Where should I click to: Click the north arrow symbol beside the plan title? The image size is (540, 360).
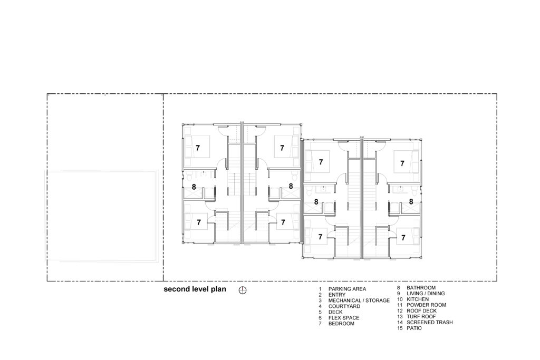coord(243,290)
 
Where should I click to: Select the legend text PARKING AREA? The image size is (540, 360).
coord(347,289)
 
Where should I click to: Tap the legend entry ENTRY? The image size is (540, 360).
coord(337,295)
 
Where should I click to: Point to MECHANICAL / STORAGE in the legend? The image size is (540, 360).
coord(359,300)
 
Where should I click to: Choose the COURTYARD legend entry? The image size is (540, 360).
coord(344,306)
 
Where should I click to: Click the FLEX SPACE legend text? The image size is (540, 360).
coord(344,318)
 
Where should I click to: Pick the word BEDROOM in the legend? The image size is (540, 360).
coord(341,324)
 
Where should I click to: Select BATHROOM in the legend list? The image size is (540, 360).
coord(421,288)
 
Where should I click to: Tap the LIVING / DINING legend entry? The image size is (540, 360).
coord(426,294)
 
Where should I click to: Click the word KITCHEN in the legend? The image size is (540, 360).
coord(418,299)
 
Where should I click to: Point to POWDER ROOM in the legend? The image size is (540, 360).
coord(426,305)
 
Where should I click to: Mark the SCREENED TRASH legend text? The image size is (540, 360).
coord(430,323)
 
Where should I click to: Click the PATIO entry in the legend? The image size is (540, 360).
coord(414,328)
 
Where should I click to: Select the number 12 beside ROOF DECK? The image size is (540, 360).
coord(400,311)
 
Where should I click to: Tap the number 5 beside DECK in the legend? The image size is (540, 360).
coord(320,312)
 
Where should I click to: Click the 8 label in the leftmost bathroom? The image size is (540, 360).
coord(194,187)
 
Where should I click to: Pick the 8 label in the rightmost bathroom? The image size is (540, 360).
coord(411,202)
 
